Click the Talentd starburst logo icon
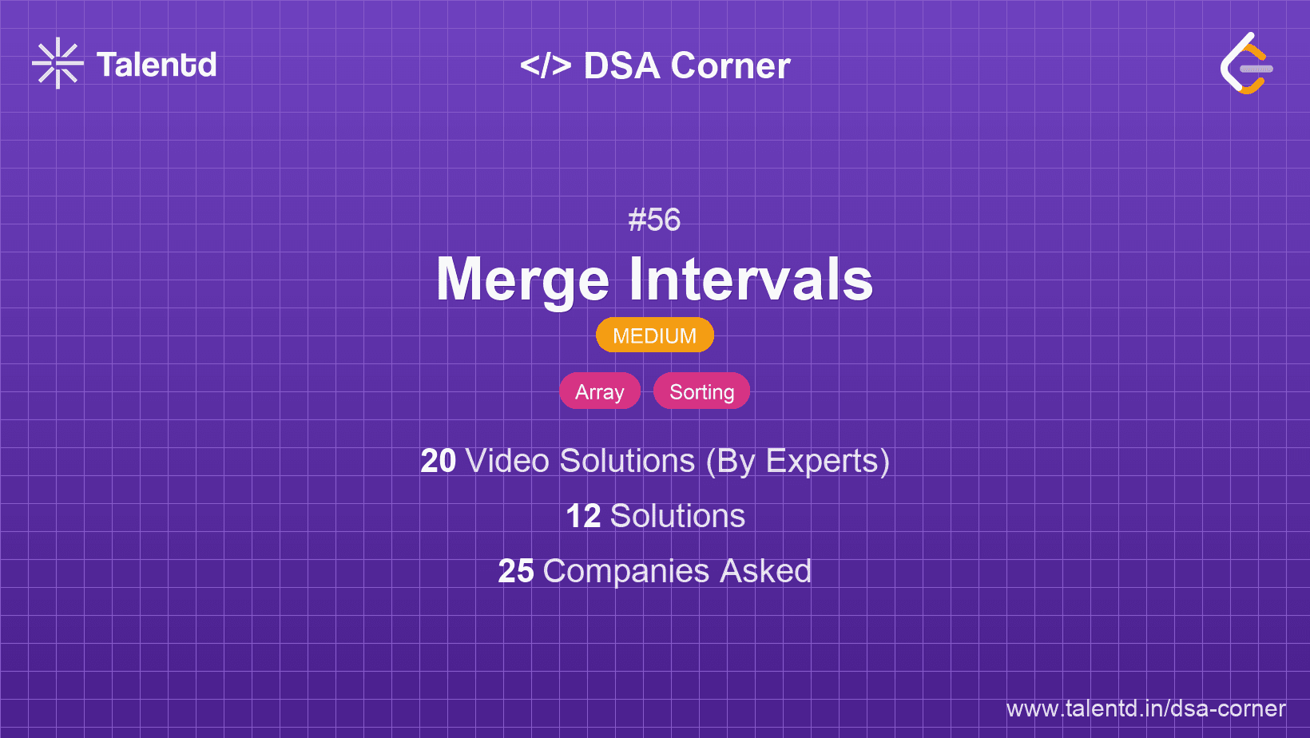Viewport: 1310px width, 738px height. pyautogui.click(x=58, y=63)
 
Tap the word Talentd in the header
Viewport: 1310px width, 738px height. pyautogui.click(x=157, y=65)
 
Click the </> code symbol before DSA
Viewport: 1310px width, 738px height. pyautogui.click(x=546, y=65)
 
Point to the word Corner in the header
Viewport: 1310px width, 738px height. pyautogui.click(x=730, y=65)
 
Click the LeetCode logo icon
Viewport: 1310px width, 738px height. pyautogui.click(x=1246, y=64)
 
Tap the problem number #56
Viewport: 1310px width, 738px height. pyautogui.click(x=654, y=220)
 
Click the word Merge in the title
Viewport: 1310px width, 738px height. pyautogui.click(x=522, y=280)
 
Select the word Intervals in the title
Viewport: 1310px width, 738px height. pyautogui.click(x=751, y=280)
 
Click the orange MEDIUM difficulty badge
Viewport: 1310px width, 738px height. pyautogui.click(x=654, y=335)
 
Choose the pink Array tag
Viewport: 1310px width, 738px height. pyautogui.click(x=600, y=391)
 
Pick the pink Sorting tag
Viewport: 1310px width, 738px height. pyautogui.click(x=701, y=391)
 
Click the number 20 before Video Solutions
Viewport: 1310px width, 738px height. pyautogui.click(x=438, y=461)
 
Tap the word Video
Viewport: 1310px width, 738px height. pyautogui.click(x=507, y=461)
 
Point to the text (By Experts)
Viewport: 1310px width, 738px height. pyautogui.click(x=797, y=461)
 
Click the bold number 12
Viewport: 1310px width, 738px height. pyautogui.click(x=583, y=516)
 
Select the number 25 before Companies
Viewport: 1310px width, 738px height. pyautogui.click(x=515, y=571)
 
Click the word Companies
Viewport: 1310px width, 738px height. pyautogui.click(x=626, y=571)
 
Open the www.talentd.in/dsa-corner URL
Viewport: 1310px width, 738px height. pyautogui.click(x=1145, y=708)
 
